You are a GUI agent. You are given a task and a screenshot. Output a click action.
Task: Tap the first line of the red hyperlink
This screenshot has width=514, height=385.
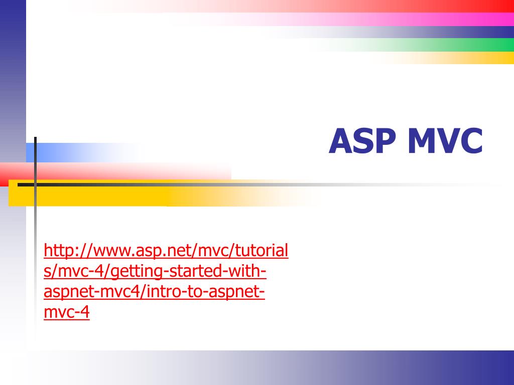coord(166,251)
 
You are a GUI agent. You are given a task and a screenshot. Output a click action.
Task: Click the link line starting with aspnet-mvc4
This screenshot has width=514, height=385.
coord(155,292)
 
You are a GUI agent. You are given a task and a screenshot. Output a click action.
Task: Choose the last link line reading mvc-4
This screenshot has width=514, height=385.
coord(67,312)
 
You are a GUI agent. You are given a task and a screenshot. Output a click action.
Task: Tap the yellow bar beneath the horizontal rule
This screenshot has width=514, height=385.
coord(100,196)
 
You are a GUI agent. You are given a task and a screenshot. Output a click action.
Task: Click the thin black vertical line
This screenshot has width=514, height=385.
coord(35,226)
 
